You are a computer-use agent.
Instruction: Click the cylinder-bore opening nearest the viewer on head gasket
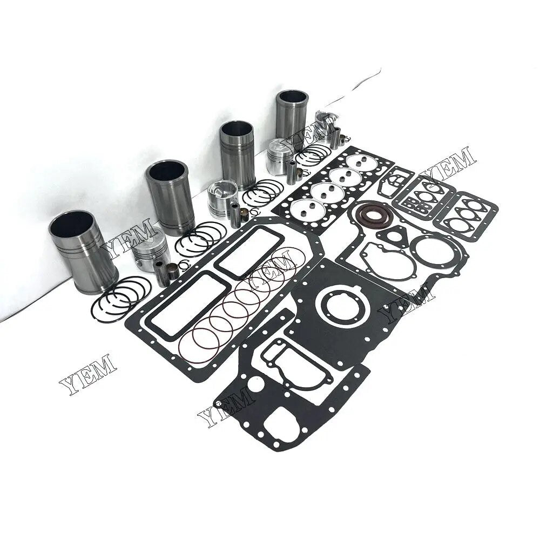point(301,208)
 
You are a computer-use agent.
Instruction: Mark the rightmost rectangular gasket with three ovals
point(467,214)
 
